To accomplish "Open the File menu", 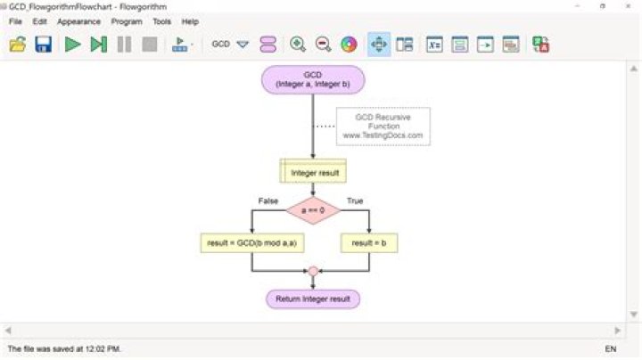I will point(15,21).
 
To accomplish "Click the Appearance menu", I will point(78,21).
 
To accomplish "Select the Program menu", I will point(127,21).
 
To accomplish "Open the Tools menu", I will point(161,21).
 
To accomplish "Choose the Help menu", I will point(190,21).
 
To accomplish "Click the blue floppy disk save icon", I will point(43,44).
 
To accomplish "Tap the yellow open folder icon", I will point(17,44).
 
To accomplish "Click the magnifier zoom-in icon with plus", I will point(298,44).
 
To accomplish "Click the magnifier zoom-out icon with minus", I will point(323,44).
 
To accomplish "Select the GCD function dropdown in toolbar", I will point(230,44).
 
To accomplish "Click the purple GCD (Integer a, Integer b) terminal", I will point(313,79).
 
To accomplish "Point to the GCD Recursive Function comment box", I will point(383,127).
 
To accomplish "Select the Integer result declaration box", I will point(313,171).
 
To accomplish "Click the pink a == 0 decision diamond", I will point(313,211).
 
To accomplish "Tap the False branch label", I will point(267,200).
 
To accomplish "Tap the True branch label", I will point(355,200).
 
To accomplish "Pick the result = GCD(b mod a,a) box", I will point(252,242).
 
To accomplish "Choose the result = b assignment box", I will point(367,242).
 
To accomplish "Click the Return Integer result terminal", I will point(313,299).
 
